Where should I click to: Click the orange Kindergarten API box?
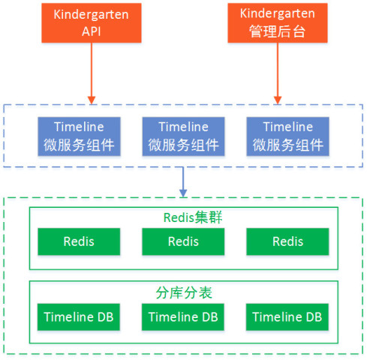tap(92, 23)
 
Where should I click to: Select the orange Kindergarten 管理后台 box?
tap(278, 23)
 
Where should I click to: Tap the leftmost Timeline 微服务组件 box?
tap(79, 136)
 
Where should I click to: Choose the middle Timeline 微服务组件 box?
tap(183, 136)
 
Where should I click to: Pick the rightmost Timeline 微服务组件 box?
tap(287, 136)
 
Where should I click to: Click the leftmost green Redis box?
tap(79, 241)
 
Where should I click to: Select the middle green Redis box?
tap(183, 241)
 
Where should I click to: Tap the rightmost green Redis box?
tap(287, 241)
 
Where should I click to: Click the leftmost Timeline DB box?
tap(79, 317)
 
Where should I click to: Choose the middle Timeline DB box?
tap(183, 317)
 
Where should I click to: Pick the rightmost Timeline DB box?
tap(287, 317)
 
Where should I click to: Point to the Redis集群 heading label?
tap(193, 217)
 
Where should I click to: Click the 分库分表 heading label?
tap(184, 292)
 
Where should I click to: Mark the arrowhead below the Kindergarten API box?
tap(92, 100)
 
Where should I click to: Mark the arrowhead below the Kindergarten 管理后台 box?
tap(278, 100)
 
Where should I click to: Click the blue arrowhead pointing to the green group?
tap(183, 193)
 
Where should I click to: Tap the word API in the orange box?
tap(92, 31)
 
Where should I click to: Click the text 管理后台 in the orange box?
tap(277, 31)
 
